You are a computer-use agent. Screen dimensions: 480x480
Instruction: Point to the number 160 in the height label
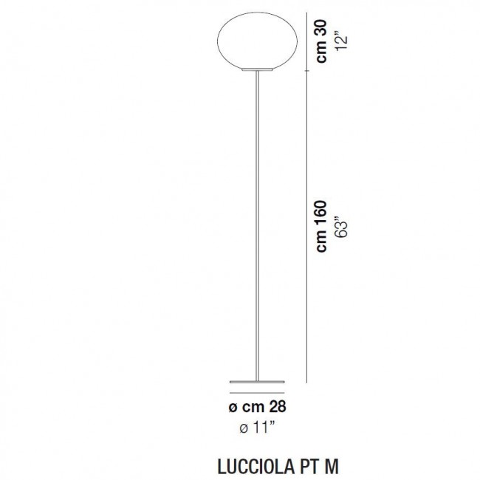320,216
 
